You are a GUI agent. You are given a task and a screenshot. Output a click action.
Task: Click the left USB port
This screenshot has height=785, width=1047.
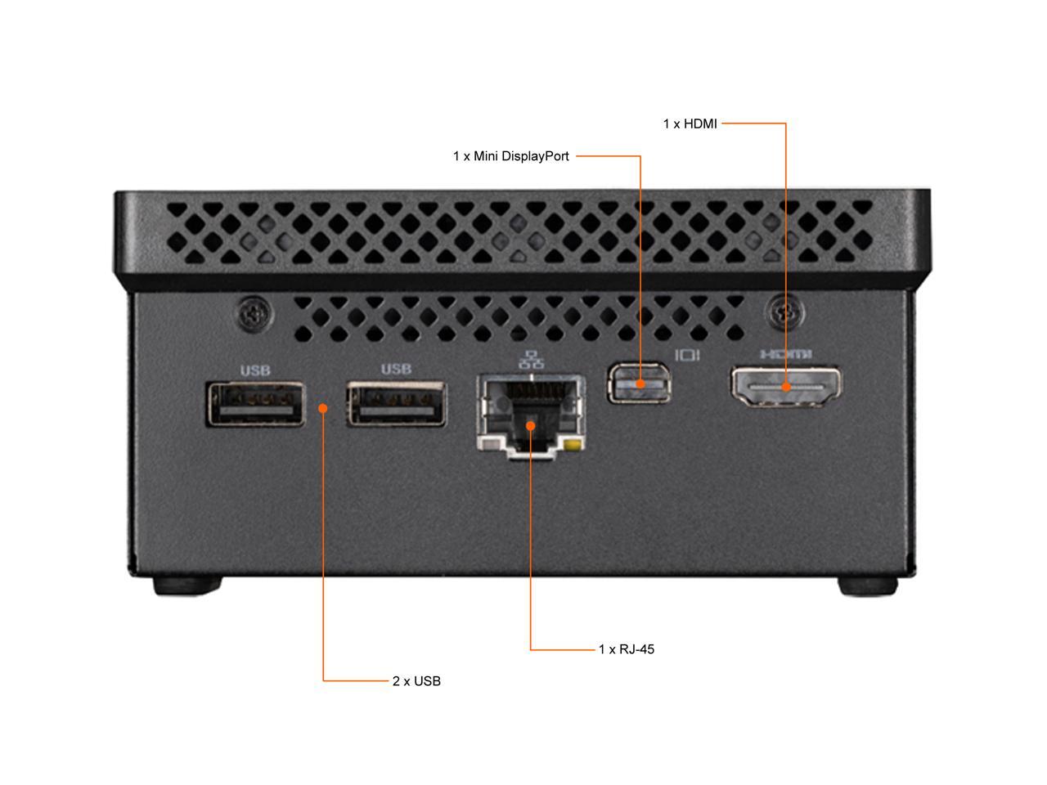[255, 404]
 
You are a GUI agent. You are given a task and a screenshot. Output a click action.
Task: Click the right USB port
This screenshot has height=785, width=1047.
[397, 403]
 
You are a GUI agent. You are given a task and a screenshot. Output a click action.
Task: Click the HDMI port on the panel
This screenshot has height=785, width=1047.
[785, 386]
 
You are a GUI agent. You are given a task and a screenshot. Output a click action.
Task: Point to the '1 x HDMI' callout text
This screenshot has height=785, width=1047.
[690, 124]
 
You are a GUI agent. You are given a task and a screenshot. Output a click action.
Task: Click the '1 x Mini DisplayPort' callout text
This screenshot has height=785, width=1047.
[511, 156]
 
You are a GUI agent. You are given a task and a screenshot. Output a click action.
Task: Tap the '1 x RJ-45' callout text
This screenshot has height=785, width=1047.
[627, 650]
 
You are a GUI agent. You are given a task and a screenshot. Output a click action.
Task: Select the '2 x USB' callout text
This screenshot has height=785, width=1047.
[416, 681]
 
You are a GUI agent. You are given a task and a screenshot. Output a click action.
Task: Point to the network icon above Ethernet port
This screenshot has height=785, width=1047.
[532, 359]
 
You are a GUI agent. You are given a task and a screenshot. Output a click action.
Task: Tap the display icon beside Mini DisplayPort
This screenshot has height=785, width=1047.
[686, 355]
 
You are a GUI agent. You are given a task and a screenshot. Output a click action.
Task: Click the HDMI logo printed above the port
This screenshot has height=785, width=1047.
[785, 354]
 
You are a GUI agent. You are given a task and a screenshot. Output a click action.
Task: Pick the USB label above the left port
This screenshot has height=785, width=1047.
[255, 370]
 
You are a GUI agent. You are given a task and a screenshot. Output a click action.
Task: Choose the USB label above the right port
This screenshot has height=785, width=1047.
[396, 370]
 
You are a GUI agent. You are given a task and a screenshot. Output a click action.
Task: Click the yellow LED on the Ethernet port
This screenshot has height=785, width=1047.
[576, 446]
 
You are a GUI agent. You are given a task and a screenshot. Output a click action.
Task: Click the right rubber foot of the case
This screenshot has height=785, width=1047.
[867, 585]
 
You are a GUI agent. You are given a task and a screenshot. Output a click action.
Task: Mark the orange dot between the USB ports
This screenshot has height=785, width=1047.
[323, 407]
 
